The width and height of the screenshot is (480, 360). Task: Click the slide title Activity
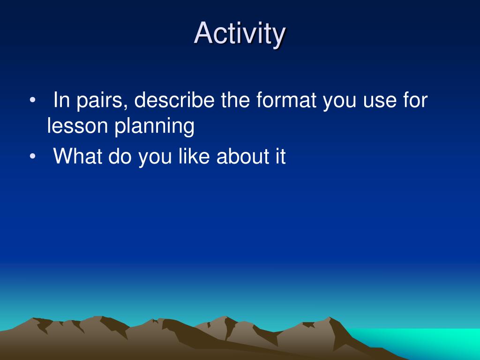240,34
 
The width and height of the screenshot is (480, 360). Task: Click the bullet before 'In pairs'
32,100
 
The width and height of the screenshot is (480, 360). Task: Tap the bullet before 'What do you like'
32,156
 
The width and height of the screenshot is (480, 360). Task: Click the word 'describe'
174,100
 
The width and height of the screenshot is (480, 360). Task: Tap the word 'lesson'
77,126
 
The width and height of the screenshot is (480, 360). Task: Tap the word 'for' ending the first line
415,100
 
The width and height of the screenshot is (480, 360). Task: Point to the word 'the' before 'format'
235,100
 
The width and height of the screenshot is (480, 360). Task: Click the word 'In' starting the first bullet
62,100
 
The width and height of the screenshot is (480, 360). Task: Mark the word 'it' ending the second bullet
280,156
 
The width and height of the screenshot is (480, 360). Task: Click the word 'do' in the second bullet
120,156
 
